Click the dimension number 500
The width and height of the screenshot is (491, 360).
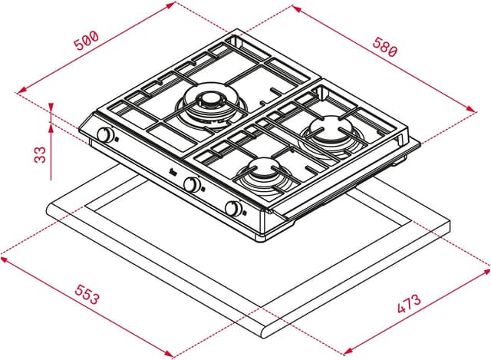pyautogui.click(x=86, y=43)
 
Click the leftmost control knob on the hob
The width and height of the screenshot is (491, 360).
pyautogui.click(x=104, y=136)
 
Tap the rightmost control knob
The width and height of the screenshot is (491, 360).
pyautogui.click(x=233, y=208)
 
